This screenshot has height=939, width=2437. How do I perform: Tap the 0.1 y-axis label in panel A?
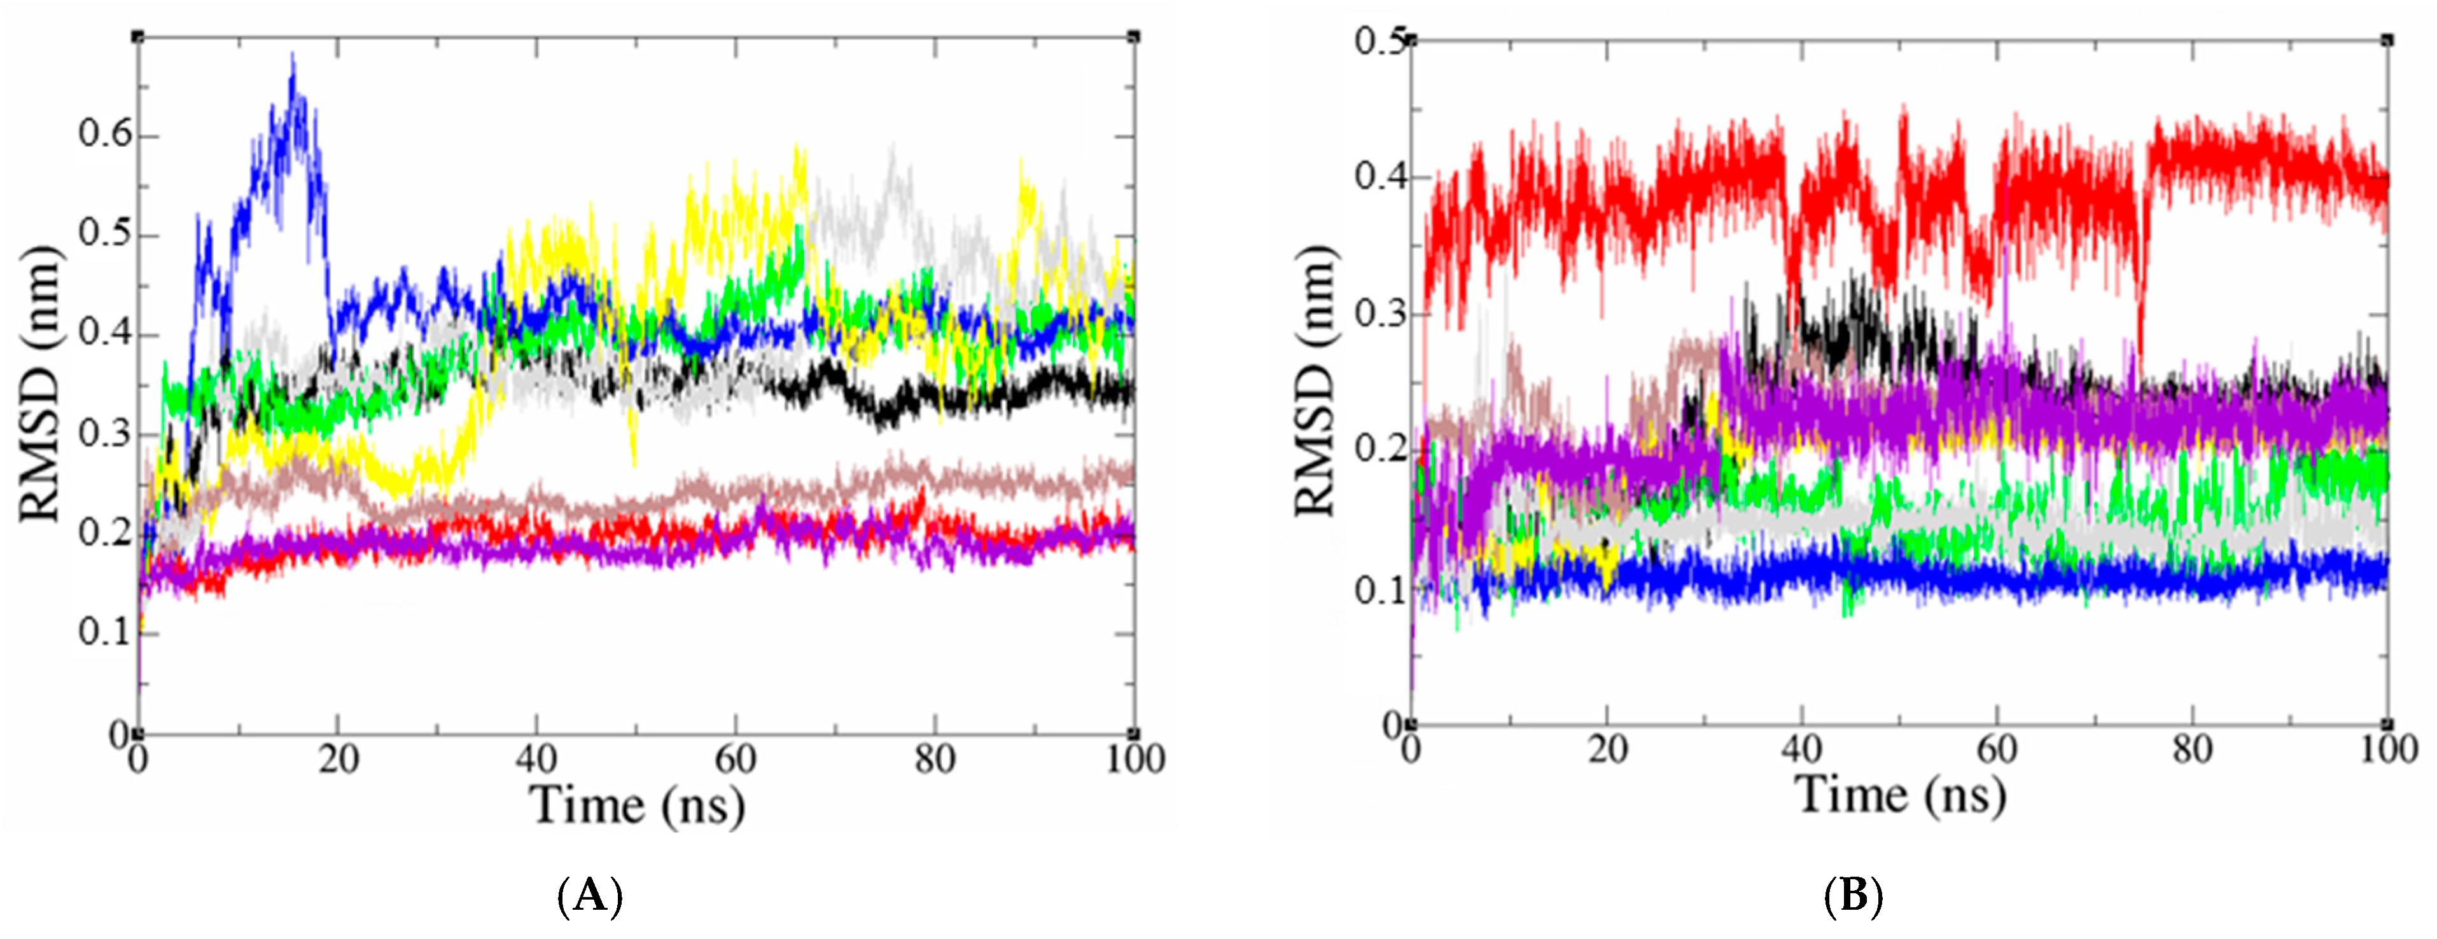tap(104, 632)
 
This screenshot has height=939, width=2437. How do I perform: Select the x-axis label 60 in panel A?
tap(735, 759)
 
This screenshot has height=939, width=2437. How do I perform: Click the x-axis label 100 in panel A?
tap(1135, 759)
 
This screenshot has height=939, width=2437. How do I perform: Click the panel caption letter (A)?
tap(590, 894)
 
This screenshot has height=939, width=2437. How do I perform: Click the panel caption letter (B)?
tap(1852, 894)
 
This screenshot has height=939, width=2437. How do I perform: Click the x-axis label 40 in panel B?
tap(1801, 750)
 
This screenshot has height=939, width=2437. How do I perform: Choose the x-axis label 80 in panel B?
tap(2192, 750)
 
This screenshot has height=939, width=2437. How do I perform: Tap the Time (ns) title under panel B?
tap(1901, 794)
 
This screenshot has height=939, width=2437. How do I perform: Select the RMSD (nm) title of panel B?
tap(1316, 381)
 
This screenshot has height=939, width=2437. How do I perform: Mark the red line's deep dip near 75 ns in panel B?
tap(2141, 374)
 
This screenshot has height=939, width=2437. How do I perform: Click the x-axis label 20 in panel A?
tap(338, 759)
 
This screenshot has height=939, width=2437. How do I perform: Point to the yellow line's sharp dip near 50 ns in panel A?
tap(634, 463)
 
